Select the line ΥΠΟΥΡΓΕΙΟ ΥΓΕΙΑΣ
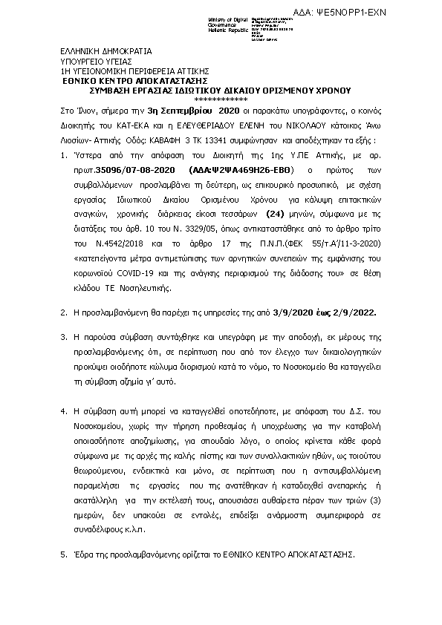coord(96,62)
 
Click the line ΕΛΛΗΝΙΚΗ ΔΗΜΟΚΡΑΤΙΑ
coord(106,52)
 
